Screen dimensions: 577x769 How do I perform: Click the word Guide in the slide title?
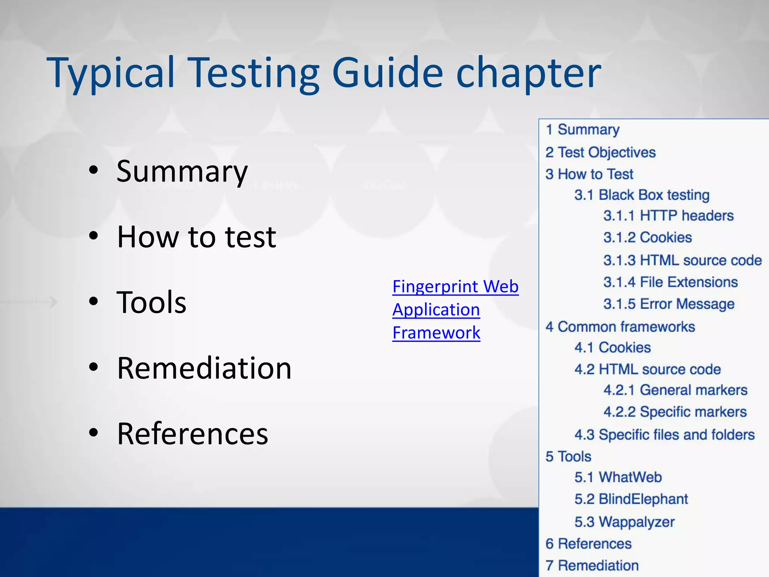click(388, 72)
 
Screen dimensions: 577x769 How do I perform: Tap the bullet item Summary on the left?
click(182, 172)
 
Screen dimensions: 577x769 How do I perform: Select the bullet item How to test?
click(196, 237)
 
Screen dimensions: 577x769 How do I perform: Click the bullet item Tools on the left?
click(151, 302)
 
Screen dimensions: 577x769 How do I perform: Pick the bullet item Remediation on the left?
click(204, 368)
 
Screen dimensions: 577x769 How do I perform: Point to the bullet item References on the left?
click(192, 434)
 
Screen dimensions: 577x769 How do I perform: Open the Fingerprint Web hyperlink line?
click(455, 287)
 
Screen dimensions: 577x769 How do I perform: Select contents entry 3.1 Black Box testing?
click(641, 195)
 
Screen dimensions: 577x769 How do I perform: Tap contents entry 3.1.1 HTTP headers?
click(668, 216)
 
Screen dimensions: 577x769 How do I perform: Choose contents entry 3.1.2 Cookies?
click(647, 237)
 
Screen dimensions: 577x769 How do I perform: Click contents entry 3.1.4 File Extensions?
click(670, 282)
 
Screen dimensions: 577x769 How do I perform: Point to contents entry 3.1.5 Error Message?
click(668, 304)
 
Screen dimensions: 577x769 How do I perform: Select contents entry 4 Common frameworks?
click(620, 327)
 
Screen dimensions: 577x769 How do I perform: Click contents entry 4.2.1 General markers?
click(675, 390)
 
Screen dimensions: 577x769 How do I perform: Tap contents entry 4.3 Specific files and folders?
click(664, 435)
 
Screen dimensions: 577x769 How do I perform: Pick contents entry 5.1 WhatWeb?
click(618, 477)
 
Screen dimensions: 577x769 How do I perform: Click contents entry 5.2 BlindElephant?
click(631, 499)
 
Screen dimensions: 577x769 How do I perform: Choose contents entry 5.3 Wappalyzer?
click(624, 522)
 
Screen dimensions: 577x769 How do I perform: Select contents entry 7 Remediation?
click(592, 565)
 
